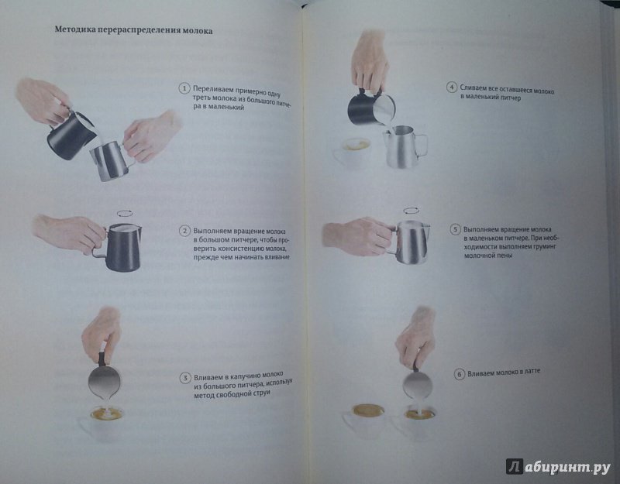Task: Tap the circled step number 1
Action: click(184, 88)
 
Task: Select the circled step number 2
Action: click(184, 231)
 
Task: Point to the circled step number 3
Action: click(185, 378)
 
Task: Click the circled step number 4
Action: click(452, 87)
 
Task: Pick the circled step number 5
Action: click(455, 229)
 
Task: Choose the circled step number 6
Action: click(459, 374)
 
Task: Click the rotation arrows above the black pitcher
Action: click(125, 214)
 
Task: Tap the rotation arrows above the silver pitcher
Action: click(412, 211)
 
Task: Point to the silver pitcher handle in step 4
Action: click(422, 145)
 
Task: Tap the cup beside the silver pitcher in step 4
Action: click(352, 153)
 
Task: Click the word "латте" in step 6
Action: click(530, 372)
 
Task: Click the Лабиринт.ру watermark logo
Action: click(558, 467)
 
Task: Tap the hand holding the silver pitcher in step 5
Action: click(358, 236)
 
